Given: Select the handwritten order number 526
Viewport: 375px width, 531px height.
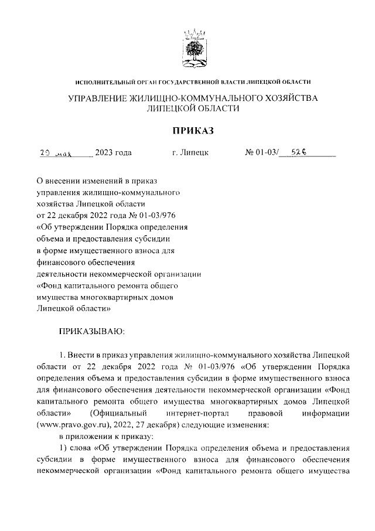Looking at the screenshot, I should point(299,153).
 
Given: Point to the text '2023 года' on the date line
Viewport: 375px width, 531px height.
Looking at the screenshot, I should point(113,154).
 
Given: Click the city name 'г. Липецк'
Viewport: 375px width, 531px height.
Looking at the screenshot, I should point(190,154).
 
